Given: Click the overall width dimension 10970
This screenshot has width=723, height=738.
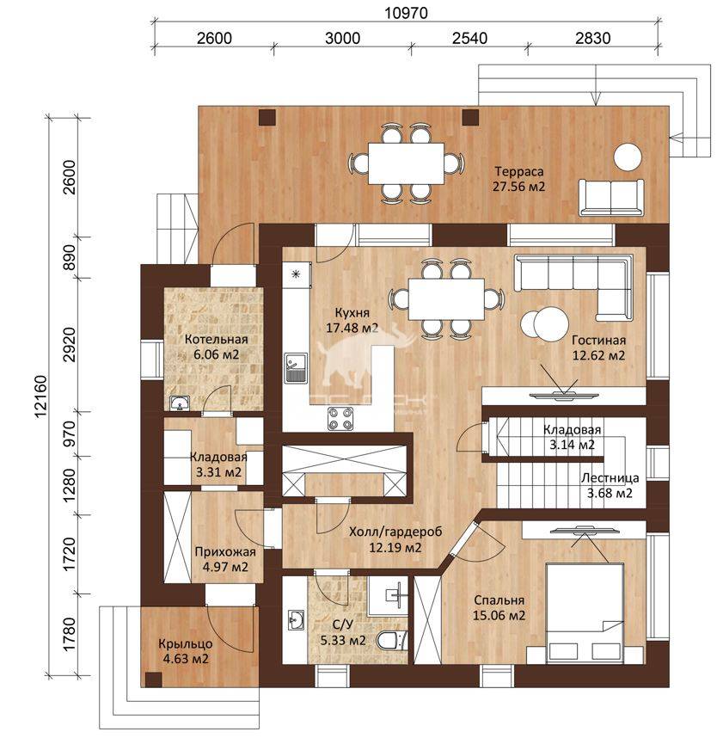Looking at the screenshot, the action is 406,13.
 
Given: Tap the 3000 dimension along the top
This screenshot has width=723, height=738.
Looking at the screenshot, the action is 342,38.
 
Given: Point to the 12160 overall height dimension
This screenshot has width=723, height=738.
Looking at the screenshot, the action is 40,397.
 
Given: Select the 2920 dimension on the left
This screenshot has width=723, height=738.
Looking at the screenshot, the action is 69,345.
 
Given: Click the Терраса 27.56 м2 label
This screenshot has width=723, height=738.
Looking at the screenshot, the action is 518,179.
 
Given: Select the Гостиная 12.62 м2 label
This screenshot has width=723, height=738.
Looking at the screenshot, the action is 598,347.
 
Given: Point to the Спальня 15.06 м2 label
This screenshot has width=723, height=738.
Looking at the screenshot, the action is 499,607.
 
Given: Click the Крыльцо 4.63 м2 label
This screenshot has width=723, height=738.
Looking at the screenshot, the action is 186,651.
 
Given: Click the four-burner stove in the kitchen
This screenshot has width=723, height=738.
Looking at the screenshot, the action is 340,418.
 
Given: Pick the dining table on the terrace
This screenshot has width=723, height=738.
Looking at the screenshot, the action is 406,163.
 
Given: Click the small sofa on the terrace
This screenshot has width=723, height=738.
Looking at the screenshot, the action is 610,197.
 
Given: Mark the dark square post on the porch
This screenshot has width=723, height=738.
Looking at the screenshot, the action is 153,680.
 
